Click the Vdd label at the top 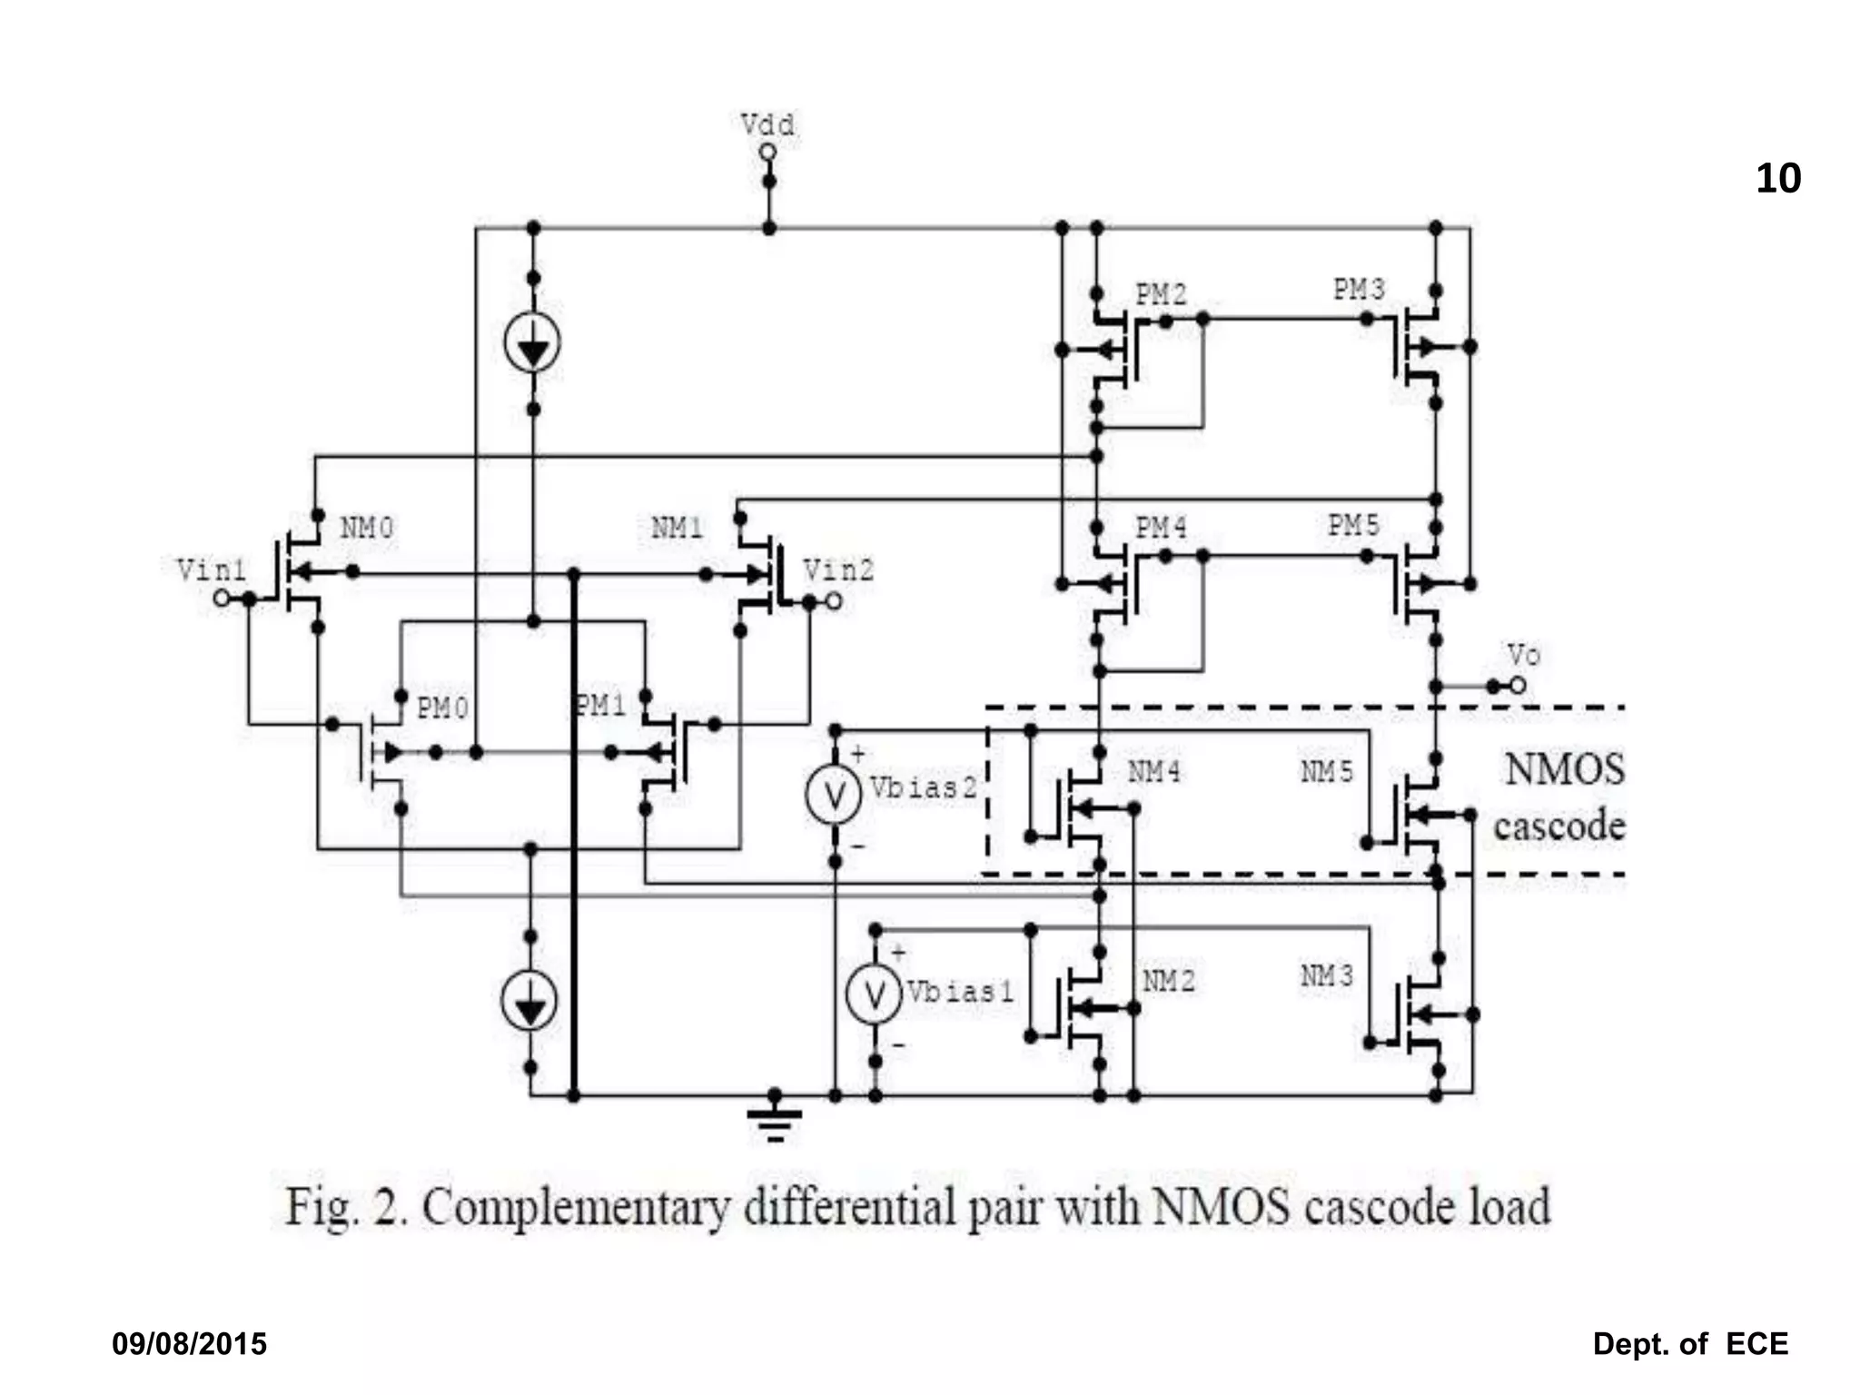[x=767, y=124]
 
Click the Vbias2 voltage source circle [x=833, y=796]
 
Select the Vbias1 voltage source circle [x=874, y=995]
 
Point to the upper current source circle [x=532, y=344]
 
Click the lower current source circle [x=529, y=1002]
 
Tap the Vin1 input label [x=211, y=570]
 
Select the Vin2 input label [x=838, y=570]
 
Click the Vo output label [x=1523, y=655]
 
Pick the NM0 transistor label [x=367, y=528]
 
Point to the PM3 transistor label [x=1359, y=290]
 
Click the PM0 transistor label [x=442, y=708]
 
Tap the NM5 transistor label [x=1327, y=772]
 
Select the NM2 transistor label [x=1169, y=982]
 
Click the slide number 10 [x=1777, y=179]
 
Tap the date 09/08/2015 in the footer [x=189, y=1344]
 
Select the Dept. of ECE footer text [x=1690, y=1344]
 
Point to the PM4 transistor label [x=1161, y=528]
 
